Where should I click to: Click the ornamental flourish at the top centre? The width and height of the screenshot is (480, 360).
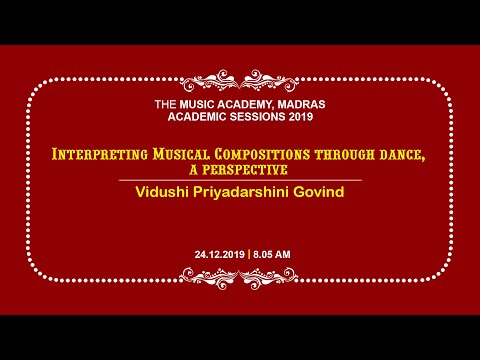coord(240,79)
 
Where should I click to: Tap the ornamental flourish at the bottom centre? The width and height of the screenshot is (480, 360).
coord(240,284)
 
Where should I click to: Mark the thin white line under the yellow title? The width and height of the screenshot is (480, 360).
coord(240,179)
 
